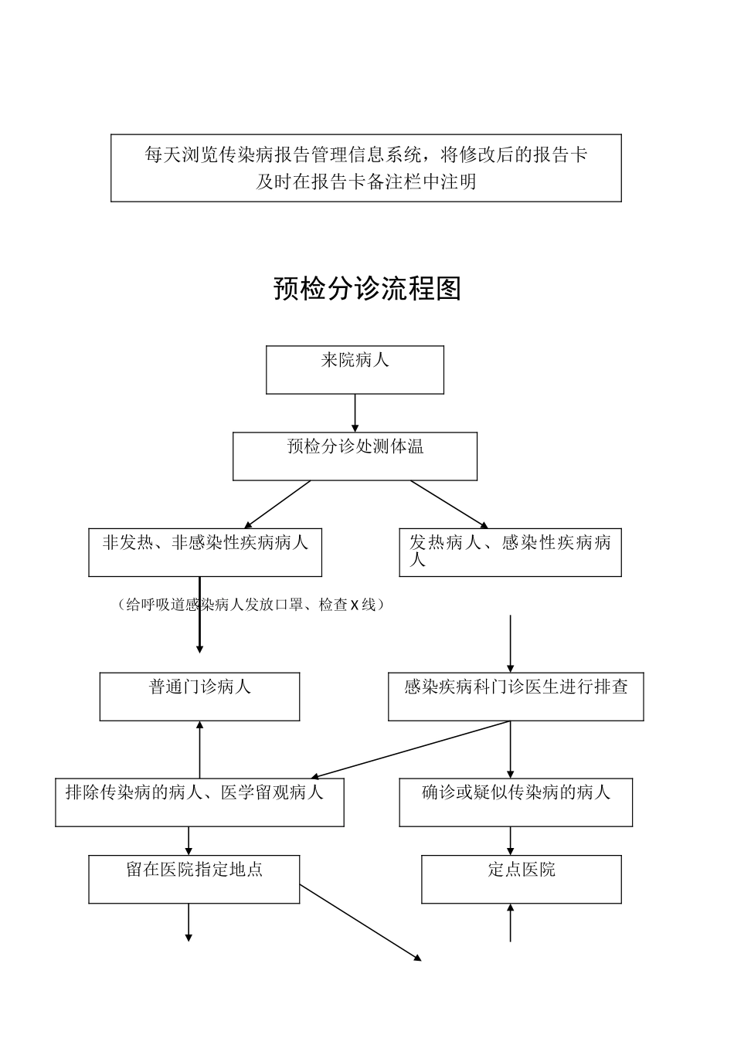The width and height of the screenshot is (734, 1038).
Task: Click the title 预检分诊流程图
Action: [x=367, y=289]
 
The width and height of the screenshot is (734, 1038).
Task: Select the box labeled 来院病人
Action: [x=355, y=370]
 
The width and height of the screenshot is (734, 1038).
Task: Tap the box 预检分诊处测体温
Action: [x=355, y=456]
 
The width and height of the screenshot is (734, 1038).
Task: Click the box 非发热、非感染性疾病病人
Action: [x=205, y=552]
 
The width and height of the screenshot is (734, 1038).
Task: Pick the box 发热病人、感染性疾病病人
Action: [x=510, y=552]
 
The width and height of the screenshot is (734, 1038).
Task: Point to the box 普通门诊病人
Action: [x=199, y=696]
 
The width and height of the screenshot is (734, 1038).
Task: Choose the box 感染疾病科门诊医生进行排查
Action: [x=515, y=696]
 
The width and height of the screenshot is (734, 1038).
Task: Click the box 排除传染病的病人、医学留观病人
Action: [x=199, y=802]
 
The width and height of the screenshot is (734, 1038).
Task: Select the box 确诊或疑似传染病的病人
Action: [x=515, y=802]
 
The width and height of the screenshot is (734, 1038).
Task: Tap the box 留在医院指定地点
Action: [x=194, y=879]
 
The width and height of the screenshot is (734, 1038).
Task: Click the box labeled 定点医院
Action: [x=521, y=879]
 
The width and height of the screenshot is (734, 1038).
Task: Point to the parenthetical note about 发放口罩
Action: [x=251, y=605]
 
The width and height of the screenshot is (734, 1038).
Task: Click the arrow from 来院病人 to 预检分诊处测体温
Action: [x=355, y=412]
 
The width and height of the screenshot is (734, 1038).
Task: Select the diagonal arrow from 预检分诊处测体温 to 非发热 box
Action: [x=278, y=504]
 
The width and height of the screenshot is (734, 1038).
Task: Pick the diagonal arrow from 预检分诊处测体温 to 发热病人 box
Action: [x=448, y=504]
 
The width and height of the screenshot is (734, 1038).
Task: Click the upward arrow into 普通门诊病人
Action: [x=200, y=749]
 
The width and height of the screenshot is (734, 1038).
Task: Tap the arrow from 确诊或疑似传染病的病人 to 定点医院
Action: [x=510, y=840]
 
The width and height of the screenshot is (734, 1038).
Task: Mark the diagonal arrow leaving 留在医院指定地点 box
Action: [x=360, y=922]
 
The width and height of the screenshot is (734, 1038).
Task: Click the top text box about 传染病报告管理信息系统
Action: [x=365, y=168]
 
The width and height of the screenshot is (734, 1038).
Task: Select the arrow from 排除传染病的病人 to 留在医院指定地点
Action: [x=189, y=840]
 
